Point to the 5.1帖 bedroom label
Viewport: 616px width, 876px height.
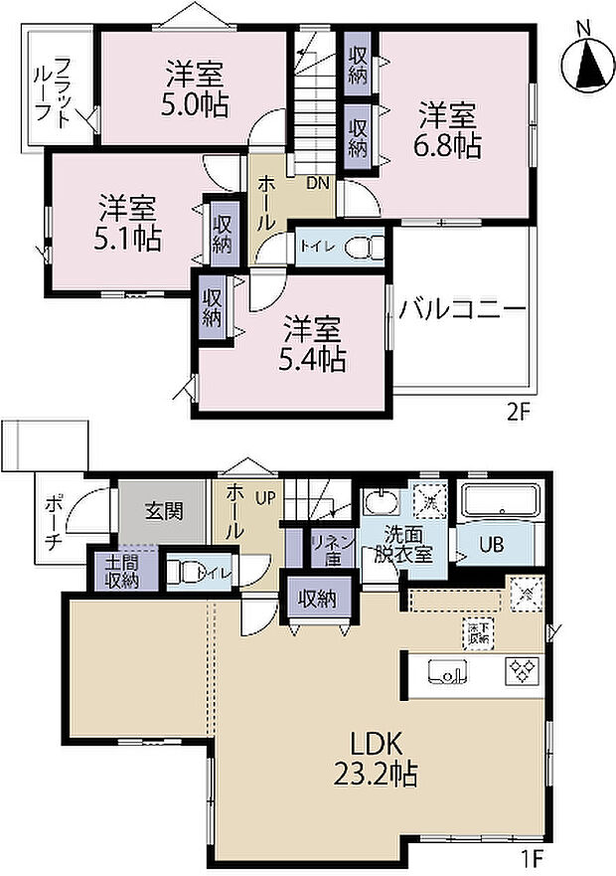coord(128,224)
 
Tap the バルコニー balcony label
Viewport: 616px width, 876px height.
coord(462,309)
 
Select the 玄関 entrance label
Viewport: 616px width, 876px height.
coord(163,512)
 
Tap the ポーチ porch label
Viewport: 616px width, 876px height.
coord(54,524)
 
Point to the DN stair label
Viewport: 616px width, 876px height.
coord(317,184)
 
